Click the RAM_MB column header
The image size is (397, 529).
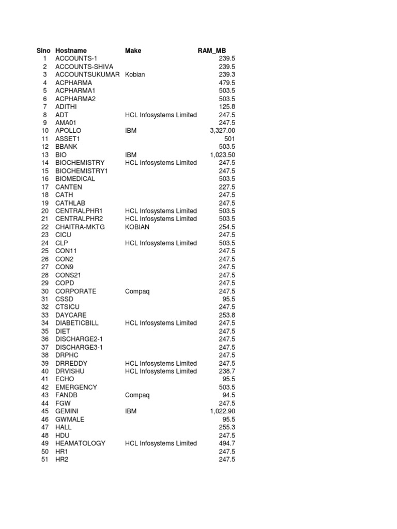(x=212, y=51)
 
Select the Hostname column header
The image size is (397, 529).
(x=71, y=51)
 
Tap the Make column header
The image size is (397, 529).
(x=133, y=51)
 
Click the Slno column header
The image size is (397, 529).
(x=43, y=51)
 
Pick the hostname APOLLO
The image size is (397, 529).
(x=68, y=131)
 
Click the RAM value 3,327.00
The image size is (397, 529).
(x=222, y=131)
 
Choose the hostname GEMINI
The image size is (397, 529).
(x=66, y=411)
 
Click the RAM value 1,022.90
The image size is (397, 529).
(x=222, y=411)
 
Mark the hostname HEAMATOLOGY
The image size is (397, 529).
(x=80, y=443)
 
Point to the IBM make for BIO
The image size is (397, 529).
(x=131, y=154)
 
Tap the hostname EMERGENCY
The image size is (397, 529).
(x=76, y=387)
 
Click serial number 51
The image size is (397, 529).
(x=44, y=459)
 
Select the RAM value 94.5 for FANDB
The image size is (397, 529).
(x=228, y=395)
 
